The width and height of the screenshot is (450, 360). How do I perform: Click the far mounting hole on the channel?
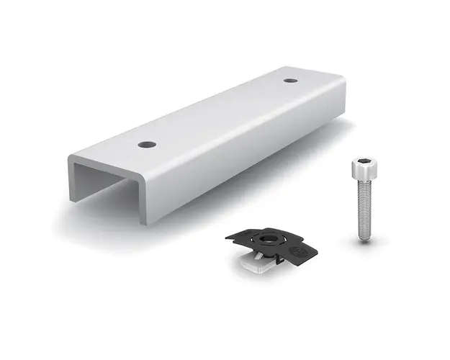pyautogui.click(x=290, y=79)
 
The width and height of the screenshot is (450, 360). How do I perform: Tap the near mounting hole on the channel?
pyautogui.click(x=147, y=145)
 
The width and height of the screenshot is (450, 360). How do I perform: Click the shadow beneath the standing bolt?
pyautogui.click(x=371, y=241)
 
